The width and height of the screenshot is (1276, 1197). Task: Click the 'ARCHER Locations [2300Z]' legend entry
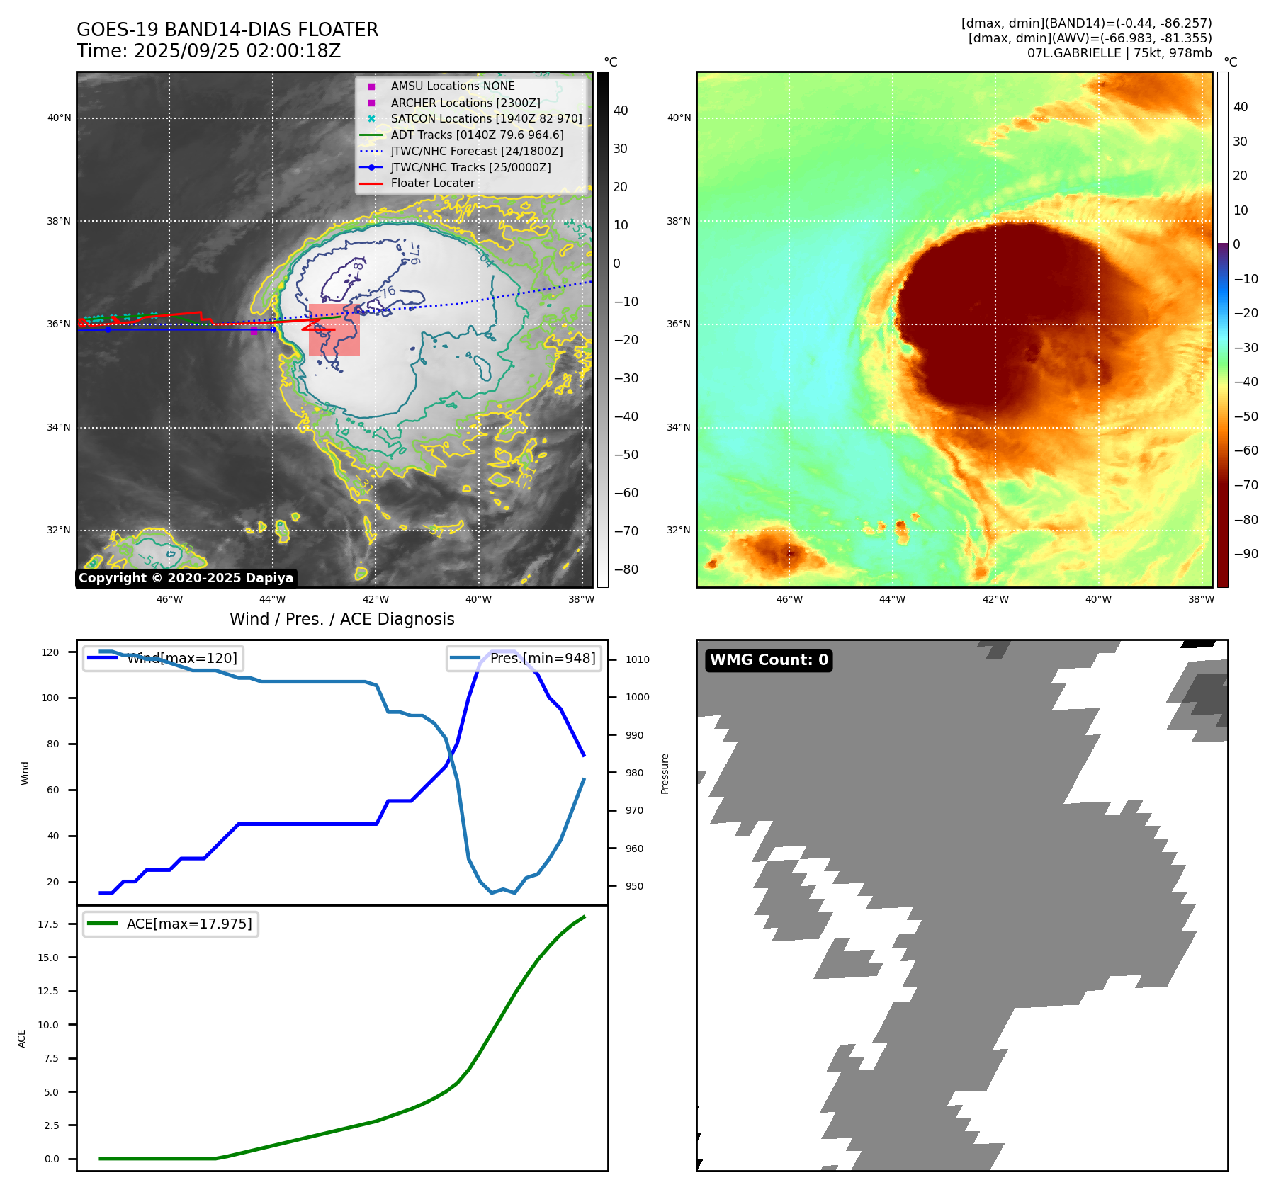(x=465, y=103)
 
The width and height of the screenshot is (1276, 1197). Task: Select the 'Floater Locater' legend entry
(x=432, y=183)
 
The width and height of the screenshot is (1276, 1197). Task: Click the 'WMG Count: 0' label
(x=769, y=660)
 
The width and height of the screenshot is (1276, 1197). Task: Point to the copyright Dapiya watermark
(x=186, y=578)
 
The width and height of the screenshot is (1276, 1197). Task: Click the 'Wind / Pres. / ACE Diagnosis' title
(x=341, y=619)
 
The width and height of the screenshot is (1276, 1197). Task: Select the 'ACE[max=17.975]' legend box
(x=171, y=924)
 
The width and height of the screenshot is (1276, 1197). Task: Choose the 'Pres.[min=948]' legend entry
(x=524, y=658)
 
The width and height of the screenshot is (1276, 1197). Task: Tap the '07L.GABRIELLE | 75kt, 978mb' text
(x=1119, y=53)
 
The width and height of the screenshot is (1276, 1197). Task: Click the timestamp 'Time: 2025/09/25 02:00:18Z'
(x=209, y=51)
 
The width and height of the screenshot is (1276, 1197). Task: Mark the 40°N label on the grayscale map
(x=59, y=118)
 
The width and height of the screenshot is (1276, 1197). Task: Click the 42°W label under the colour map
(x=995, y=599)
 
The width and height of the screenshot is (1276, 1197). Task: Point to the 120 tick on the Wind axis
(x=50, y=652)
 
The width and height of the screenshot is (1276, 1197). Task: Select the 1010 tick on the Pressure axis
(x=637, y=659)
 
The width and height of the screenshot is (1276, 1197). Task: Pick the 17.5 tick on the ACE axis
(x=48, y=924)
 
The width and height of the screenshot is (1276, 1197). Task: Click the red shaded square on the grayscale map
(x=334, y=329)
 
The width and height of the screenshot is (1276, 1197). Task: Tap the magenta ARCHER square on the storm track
(x=254, y=331)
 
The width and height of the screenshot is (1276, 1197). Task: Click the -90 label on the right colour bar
(x=1246, y=554)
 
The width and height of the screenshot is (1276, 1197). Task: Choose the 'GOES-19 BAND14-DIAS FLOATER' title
(x=227, y=30)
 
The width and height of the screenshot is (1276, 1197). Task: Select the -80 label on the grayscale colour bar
(x=626, y=569)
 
